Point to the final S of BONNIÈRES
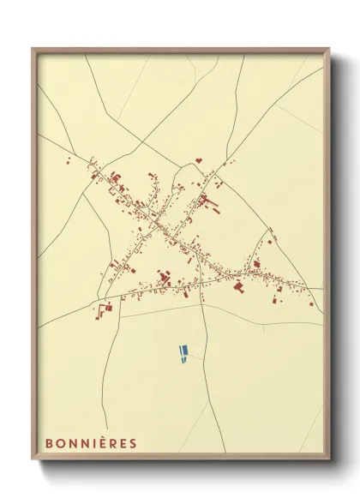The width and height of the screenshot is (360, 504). tap(133, 443)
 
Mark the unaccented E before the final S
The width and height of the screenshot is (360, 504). tap(123, 443)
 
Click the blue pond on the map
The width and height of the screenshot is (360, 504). tap(182, 352)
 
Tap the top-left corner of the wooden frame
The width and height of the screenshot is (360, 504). tap(33, 48)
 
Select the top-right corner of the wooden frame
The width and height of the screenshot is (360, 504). tap(329, 48)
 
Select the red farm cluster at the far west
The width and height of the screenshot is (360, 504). tap(105, 308)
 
